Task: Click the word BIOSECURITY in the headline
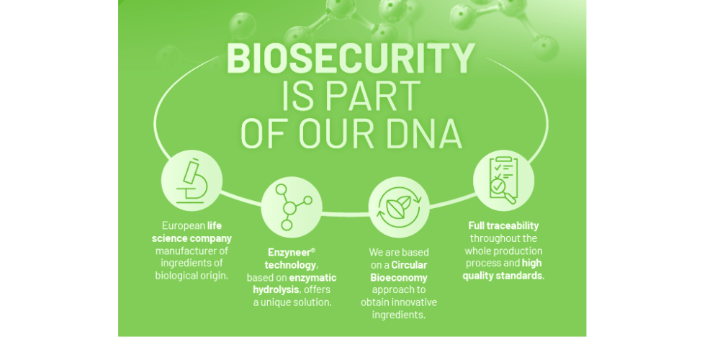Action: pos(351,58)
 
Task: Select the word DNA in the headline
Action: pos(424,133)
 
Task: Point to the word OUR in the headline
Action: pos(336,133)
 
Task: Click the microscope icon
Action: pos(192,181)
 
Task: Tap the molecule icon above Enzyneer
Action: pos(292,207)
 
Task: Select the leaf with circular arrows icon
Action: pos(399,207)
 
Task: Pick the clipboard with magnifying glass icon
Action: pos(503,180)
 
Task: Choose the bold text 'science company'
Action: pos(192,238)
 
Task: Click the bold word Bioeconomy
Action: pos(399,277)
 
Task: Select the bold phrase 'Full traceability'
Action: pos(503,225)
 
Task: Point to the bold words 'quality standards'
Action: pos(503,276)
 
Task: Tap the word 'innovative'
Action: pos(413,302)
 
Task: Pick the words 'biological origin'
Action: pos(192,276)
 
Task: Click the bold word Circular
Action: pos(409,265)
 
